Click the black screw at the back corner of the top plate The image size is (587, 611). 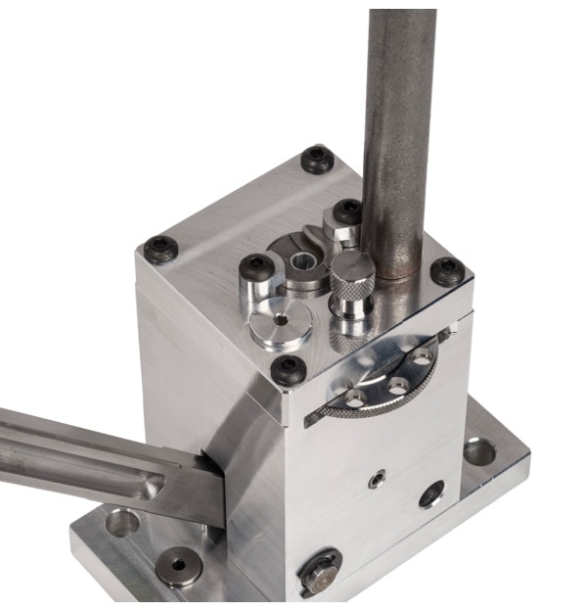(317, 159)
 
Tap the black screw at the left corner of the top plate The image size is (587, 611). (161, 250)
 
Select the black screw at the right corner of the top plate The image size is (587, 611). (447, 271)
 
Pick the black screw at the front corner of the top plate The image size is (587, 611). (289, 369)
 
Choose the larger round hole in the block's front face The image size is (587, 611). (431, 494)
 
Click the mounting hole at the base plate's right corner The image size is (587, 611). (478, 451)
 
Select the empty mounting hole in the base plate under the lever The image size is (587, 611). (122, 523)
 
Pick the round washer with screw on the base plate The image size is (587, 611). (180, 566)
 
